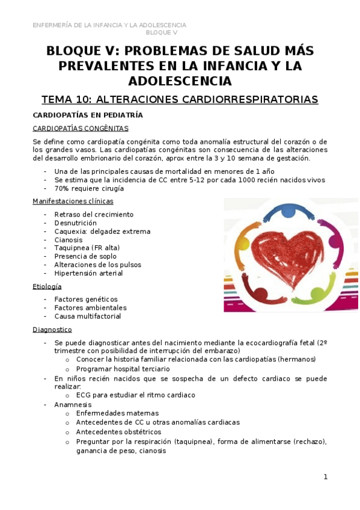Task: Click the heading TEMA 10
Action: tap(180, 99)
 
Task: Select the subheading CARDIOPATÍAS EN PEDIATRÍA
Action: tap(88, 114)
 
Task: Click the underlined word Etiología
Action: tap(48, 286)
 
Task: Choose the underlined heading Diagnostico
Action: tap(52, 330)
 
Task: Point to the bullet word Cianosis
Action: tap(70, 239)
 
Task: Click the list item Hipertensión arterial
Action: tap(88, 273)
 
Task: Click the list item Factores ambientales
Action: tap(90, 307)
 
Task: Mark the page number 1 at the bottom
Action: tap(325, 477)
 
